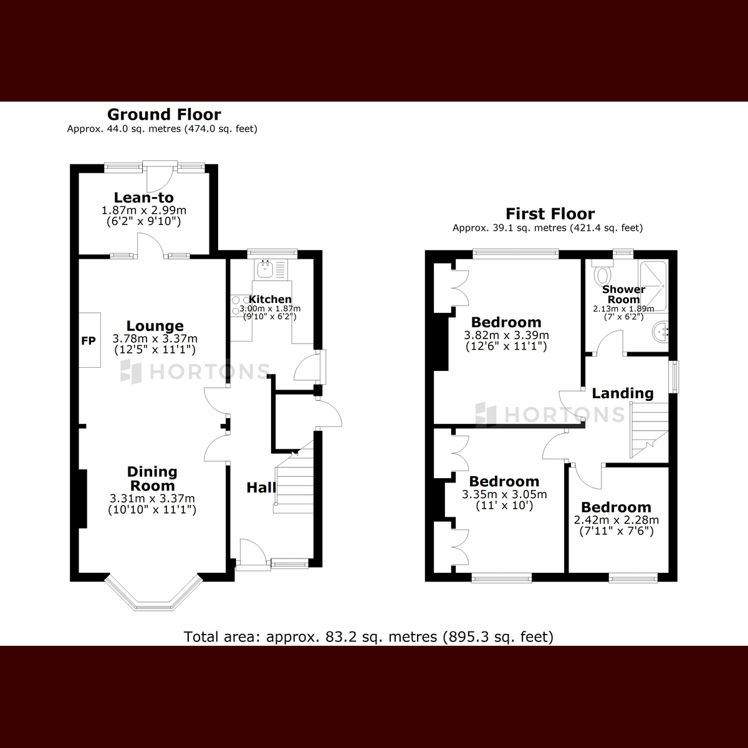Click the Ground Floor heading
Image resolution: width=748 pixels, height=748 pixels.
point(164,115)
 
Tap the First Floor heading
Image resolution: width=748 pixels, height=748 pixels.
point(550,214)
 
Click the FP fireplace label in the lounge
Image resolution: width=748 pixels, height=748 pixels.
point(89,340)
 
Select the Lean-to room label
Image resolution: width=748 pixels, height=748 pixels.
point(143,198)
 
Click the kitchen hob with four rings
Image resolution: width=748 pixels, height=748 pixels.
point(241,305)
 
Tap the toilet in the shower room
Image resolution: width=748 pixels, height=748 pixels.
point(602,272)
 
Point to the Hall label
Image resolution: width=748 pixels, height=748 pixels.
point(261,487)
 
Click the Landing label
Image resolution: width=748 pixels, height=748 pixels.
point(623,393)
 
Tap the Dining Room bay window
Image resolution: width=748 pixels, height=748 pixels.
point(154,595)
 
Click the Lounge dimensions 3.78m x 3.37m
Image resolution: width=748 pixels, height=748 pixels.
point(155,338)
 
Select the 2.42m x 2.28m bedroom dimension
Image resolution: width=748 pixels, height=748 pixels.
point(616,519)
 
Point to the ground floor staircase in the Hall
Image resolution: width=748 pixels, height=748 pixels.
point(294,481)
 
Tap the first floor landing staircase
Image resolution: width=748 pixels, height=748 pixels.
point(649,431)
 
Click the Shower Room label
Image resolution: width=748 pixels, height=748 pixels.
point(624,294)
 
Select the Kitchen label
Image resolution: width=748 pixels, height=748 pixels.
point(270,299)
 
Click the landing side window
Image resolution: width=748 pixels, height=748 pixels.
point(676,376)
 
